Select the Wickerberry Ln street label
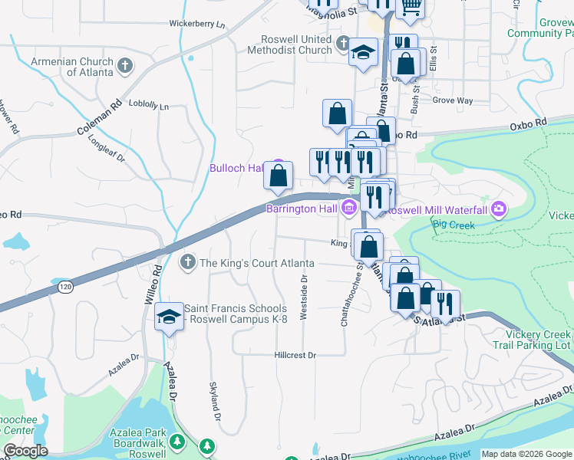tap(198, 25)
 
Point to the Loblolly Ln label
tap(149, 104)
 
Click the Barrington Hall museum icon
tap(349, 207)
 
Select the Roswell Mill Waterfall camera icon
tap(500, 209)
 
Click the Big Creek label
tap(454, 225)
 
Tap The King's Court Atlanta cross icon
tap(186, 263)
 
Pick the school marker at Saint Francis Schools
tap(168, 316)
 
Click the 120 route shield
tap(64, 287)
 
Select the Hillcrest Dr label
tap(295, 355)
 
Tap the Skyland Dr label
tap(216, 402)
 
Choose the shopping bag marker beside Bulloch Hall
tap(278, 175)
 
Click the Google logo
tap(25, 451)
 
